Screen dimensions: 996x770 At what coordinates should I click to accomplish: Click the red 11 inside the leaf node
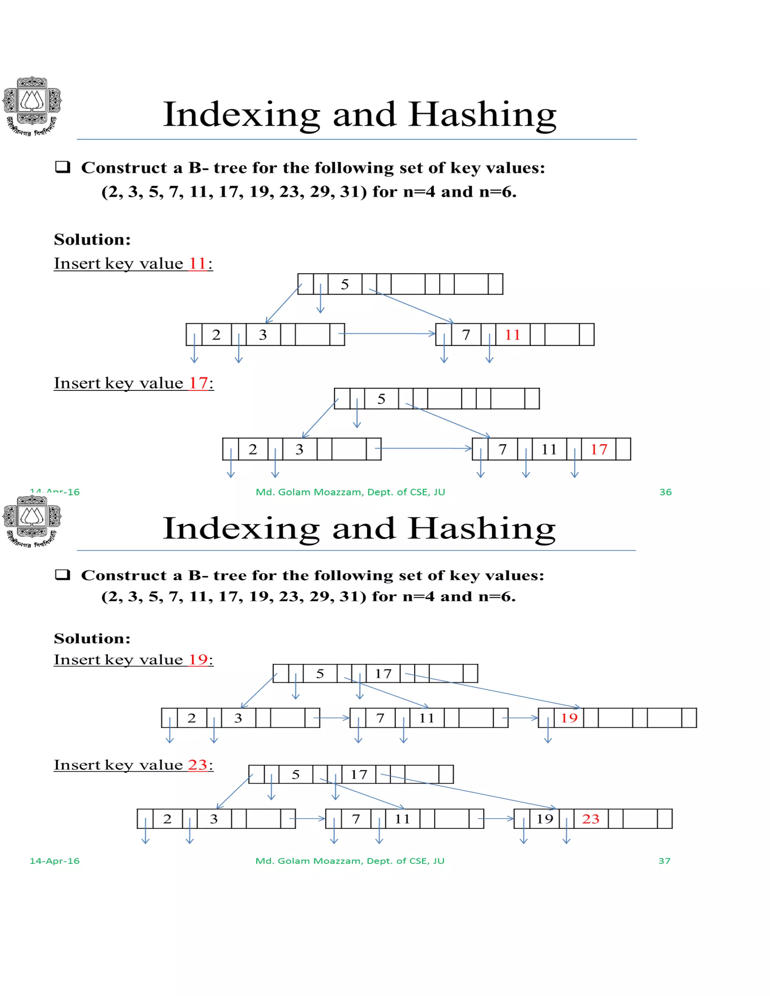512,335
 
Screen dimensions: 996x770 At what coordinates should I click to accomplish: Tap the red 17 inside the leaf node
599,449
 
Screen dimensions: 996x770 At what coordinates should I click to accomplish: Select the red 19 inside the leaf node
569,718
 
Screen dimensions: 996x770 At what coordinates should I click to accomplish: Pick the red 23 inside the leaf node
590,819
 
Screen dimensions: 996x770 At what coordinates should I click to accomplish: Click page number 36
665,492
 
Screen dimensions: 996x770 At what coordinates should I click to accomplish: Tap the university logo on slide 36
32,106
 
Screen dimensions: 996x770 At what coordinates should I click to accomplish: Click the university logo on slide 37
32,521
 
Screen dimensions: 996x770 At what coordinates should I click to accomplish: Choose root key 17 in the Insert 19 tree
383,674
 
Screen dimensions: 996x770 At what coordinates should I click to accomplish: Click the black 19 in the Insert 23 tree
545,819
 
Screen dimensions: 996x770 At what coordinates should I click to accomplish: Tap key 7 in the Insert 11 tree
466,335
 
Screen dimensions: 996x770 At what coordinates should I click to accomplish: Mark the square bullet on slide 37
62,575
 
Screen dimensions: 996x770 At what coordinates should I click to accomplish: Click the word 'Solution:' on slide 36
92,239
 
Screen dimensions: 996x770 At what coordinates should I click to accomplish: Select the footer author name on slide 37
349,861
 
